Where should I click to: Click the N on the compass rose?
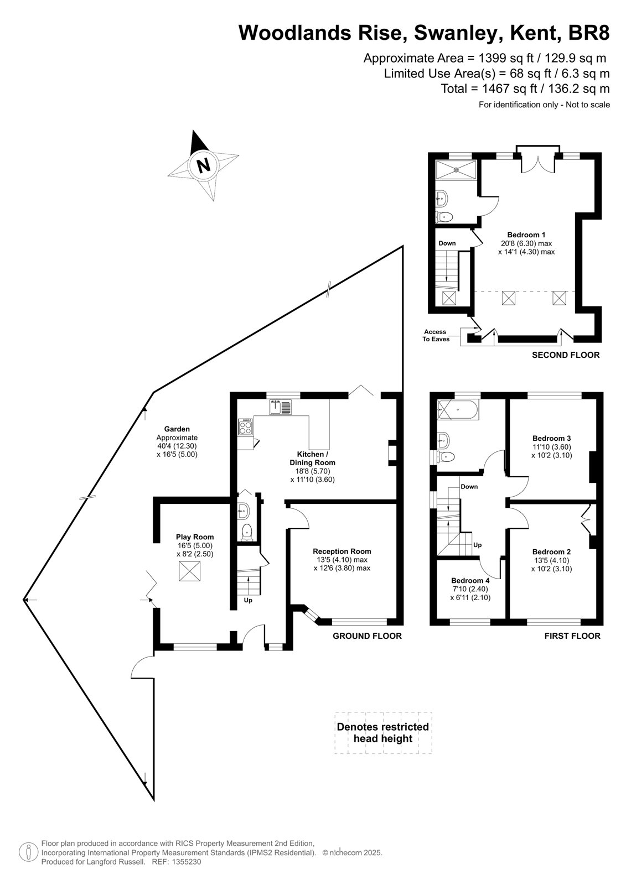(204, 165)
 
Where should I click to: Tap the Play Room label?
(195, 537)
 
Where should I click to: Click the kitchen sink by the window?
(281, 407)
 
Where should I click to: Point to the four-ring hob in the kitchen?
(246, 427)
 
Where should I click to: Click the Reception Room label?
(342, 551)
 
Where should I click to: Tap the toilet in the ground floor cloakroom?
(247, 532)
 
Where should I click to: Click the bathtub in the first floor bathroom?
(458, 409)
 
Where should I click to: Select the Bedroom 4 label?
(470, 580)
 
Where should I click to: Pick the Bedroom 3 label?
(552, 438)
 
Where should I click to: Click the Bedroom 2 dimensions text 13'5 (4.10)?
(552, 560)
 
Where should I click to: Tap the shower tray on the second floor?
(456, 169)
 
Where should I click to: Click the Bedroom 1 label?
(526, 235)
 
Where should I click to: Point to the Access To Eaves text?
(436, 335)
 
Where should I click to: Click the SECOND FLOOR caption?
(566, 355)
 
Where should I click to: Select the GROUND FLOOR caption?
(367, 636)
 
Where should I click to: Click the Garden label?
(177, 429)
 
